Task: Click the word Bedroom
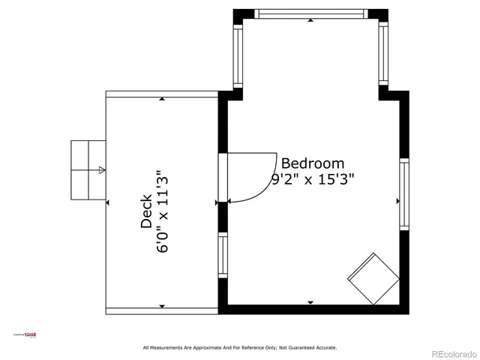pos(312,163)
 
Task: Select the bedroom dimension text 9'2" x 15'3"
pos(312,180)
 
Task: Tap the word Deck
pos(146,213)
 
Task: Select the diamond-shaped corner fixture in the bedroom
pos(373,278)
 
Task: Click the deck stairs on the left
pos(88,170)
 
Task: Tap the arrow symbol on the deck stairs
pos(102,170)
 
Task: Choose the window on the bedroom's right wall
pos(404,193)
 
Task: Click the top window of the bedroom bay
pos(310,13)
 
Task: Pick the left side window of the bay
pos(238,56)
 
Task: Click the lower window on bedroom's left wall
pos(223,255)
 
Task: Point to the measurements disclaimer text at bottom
pos(240,347)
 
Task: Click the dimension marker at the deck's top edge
pos(162,98)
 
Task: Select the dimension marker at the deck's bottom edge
pos(162,306)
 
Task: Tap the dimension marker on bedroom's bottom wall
pos(310,302)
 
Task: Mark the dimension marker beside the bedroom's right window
pos(397,202)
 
